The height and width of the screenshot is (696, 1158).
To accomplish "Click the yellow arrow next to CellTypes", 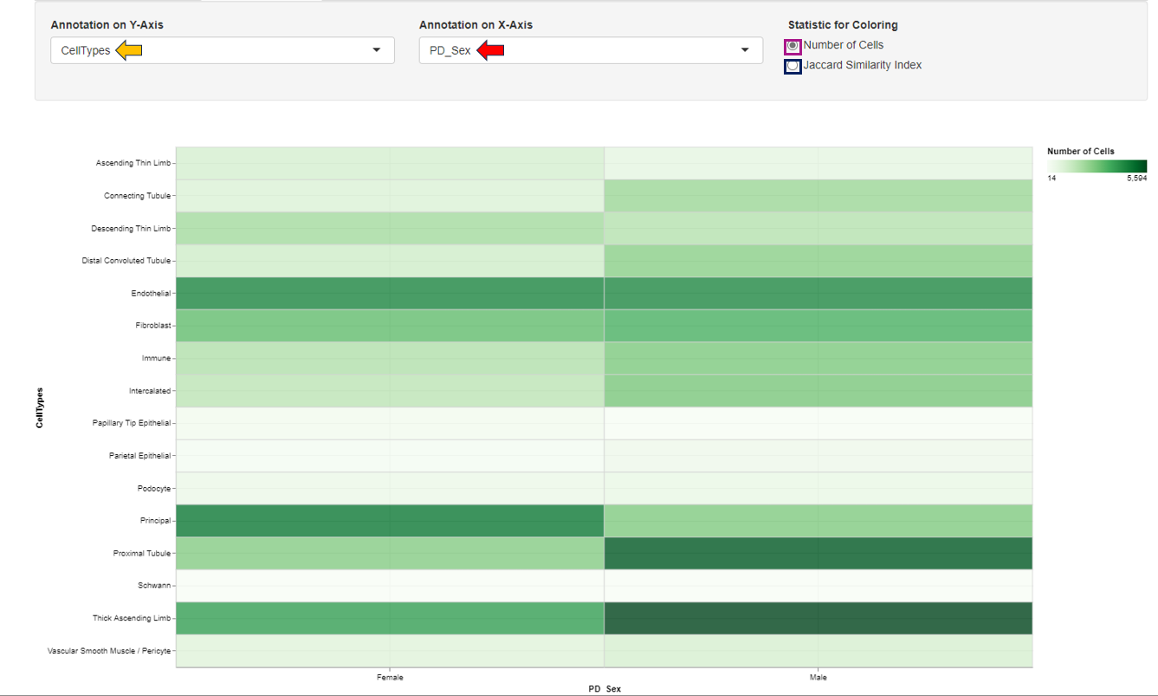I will click(x=128, y=50).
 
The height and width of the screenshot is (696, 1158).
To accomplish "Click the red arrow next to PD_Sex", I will click(x=490, y=50).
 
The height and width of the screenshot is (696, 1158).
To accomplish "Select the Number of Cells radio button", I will click(x=792, y=46).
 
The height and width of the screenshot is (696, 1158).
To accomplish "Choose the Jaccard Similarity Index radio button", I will click(x=792, y=66).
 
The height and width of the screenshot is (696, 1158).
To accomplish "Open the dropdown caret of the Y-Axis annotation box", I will click(x=376, y=50).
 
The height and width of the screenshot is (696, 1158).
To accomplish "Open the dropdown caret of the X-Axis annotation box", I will click(x=745, y=50).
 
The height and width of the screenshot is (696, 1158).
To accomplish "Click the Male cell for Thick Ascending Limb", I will click(x=818, y=618).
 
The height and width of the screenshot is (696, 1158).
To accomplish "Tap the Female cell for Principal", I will click(x=390, y=520).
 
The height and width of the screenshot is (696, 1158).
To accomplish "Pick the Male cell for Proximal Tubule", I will click(x=818, y=553).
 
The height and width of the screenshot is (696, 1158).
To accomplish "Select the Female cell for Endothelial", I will click(x=390, y=293).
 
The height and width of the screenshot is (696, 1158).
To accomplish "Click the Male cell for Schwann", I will click(x=818, y=585).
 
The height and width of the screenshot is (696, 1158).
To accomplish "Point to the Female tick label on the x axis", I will click(x=390, y=678).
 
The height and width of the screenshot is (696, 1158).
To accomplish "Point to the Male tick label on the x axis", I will click(x=818, y=678).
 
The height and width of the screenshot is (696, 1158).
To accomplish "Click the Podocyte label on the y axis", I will click(x=154, y=488).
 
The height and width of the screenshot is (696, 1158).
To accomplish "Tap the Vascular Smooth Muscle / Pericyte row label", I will click(x=109, y=650).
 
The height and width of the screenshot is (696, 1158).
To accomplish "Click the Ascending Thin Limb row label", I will click(x=133, y=163).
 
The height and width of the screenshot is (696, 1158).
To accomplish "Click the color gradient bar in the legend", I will click(x=1097, y=166).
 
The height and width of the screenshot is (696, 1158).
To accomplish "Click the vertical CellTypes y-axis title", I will click(x=40, y=407).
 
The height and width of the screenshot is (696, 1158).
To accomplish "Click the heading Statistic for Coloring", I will click(x=842, y=25).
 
